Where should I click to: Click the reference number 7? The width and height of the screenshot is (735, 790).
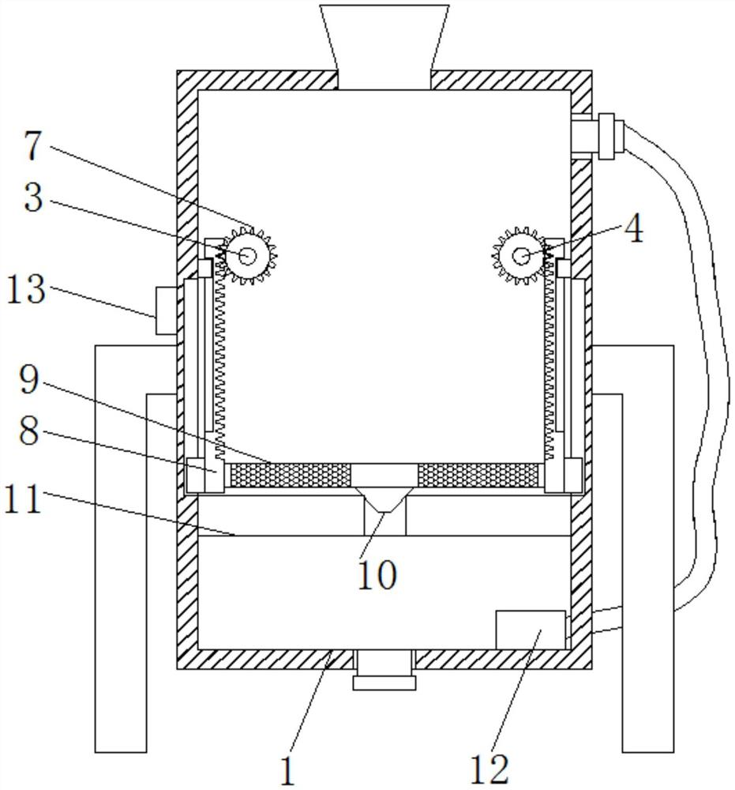coord(33,146)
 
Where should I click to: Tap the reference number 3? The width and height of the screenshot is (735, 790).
coord(34,197)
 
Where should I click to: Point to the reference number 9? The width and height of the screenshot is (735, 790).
coord(28,379)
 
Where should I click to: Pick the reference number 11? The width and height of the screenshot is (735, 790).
coord(23,499)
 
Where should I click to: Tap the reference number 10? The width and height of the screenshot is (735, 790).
coord(377,574)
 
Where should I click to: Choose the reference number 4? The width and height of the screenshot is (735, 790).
coord(633,230)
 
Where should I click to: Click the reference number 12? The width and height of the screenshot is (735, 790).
coord(489,769)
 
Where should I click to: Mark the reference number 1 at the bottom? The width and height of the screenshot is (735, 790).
coord(287,771)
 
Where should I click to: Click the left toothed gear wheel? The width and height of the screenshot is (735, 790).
coord(247,256)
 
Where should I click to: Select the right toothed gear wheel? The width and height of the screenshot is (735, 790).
coord(520,255)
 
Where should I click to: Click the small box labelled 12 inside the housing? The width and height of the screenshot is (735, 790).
coord(531,630)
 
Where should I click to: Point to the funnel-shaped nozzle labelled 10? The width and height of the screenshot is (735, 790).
coord(384,500)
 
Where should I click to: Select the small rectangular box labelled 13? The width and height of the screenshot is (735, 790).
coord(166,310)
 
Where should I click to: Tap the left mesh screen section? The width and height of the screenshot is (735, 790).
coord(290,475)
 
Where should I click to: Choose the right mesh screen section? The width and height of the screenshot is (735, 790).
coord(478,475)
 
